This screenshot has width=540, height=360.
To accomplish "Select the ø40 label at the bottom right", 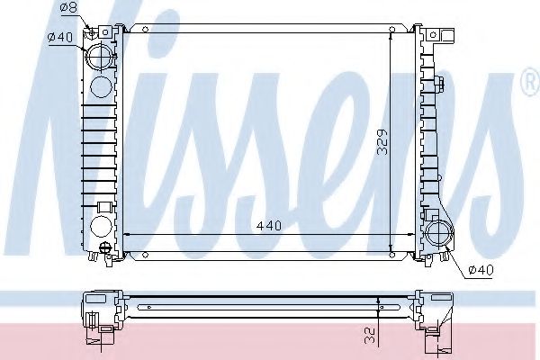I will coord(482,268).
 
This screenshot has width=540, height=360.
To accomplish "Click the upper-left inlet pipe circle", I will coord(102,58).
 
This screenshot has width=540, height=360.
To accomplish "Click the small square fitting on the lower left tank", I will coord(103,208).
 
